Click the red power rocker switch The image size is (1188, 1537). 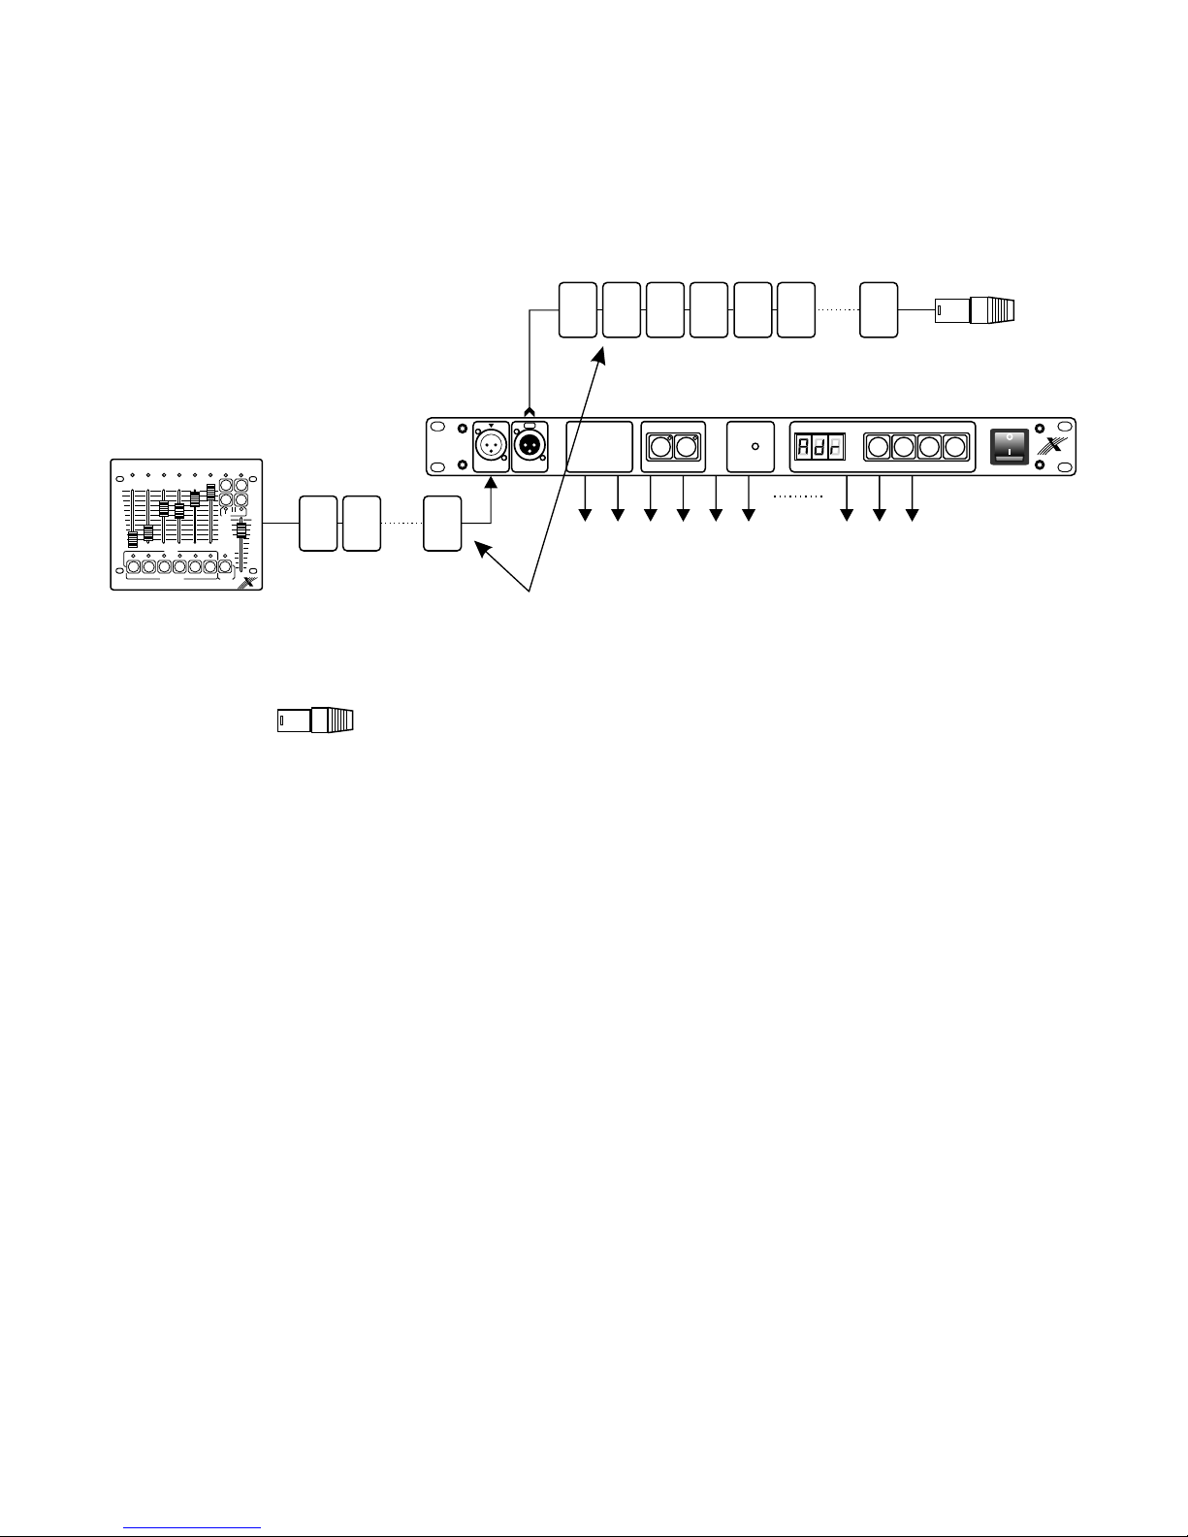point(1009,447)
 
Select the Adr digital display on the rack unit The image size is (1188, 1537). point(814,447)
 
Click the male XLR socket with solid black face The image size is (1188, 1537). point(529,448)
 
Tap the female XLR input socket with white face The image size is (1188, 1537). point(490,448)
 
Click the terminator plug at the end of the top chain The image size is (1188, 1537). point(974,310)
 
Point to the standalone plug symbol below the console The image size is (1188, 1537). point(315,720)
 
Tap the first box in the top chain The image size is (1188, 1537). point(578,310)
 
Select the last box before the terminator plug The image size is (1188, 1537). point(879,310)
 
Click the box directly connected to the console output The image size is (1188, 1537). point(317,524)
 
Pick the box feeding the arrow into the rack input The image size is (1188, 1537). point(442,524)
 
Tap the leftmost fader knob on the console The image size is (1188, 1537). point(133,540)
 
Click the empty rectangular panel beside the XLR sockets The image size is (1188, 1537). point(598,447)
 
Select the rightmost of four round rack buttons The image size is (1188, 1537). point(955,447)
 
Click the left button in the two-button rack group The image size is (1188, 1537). point(659,447)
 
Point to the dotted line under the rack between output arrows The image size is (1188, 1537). point(797,496)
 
